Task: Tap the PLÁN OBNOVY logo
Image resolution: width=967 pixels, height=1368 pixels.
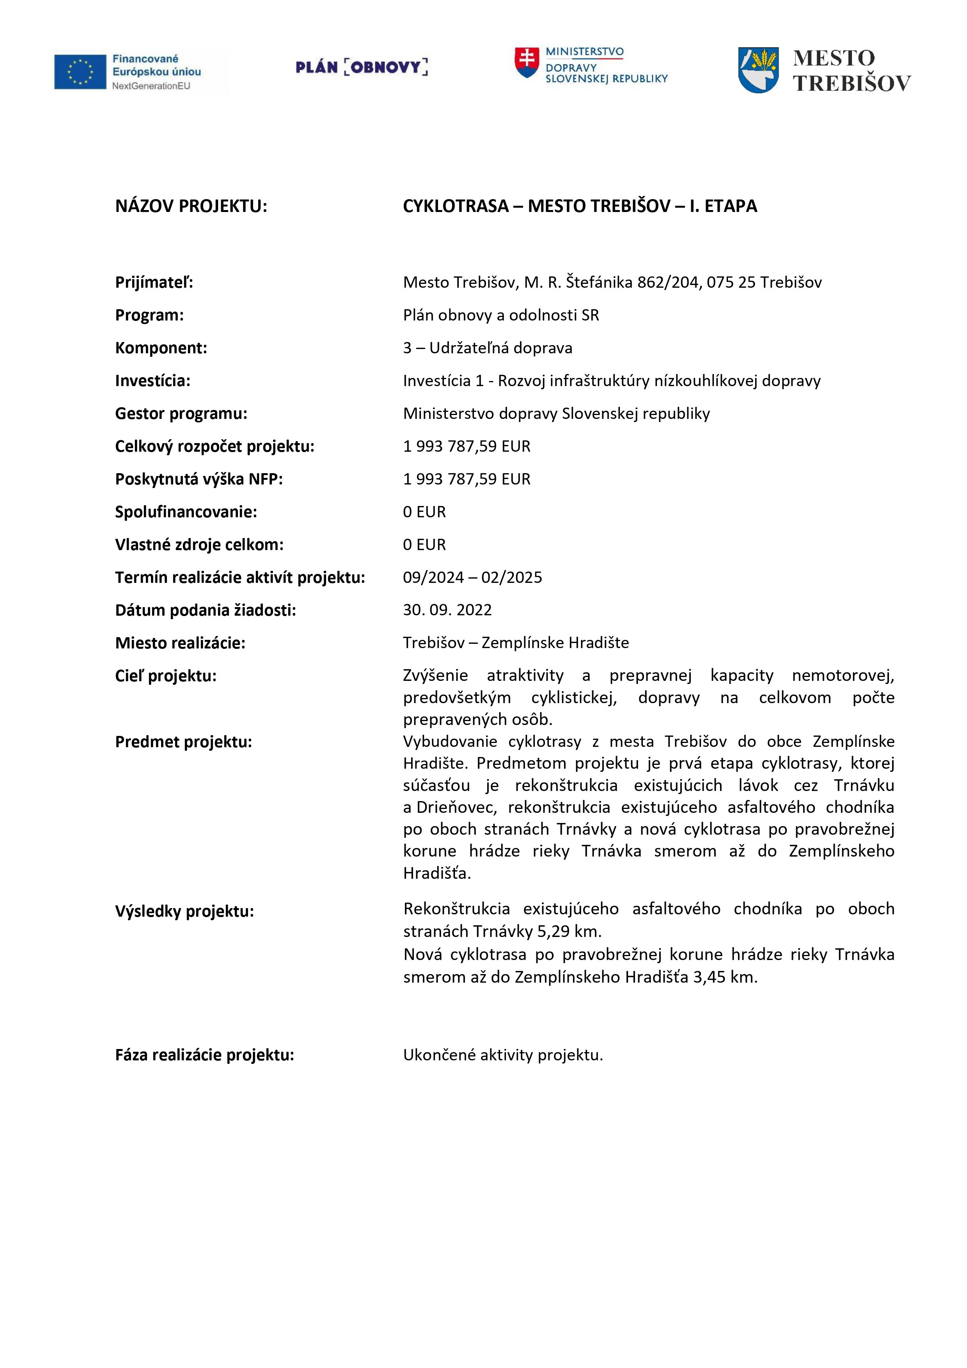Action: [362, 67]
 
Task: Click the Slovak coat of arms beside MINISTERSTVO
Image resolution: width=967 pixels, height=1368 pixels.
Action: [526, 62]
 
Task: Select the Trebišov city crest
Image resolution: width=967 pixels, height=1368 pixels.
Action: [758, 70]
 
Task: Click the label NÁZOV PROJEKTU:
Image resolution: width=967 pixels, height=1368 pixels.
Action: [191, 206]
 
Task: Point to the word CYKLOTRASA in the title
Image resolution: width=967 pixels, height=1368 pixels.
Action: [456, 206]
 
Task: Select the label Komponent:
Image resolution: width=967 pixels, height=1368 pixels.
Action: [161, 348]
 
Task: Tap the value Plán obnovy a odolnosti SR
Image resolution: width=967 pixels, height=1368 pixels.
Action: [501, 315]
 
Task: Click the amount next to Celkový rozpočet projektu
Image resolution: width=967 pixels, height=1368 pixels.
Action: [466, 446]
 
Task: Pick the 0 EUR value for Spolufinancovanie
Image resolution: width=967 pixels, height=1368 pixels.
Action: [424, 512]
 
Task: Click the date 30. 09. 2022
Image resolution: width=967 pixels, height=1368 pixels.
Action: [447, 610]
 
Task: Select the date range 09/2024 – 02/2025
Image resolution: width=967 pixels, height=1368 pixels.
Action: [472, 577]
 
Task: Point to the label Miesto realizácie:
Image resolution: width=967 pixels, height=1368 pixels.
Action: [180, 643]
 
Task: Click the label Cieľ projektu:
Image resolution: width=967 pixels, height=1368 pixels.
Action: [165, 676]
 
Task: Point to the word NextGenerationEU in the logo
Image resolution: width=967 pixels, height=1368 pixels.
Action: [151, 86]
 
